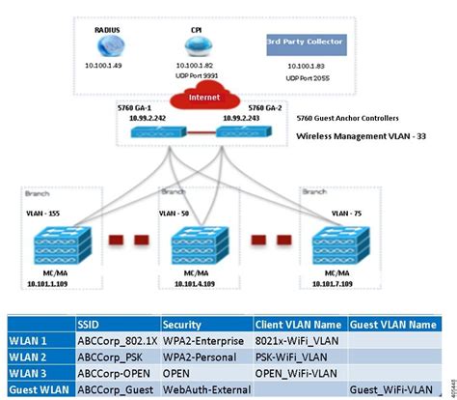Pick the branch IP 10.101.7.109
349,285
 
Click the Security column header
182,325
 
